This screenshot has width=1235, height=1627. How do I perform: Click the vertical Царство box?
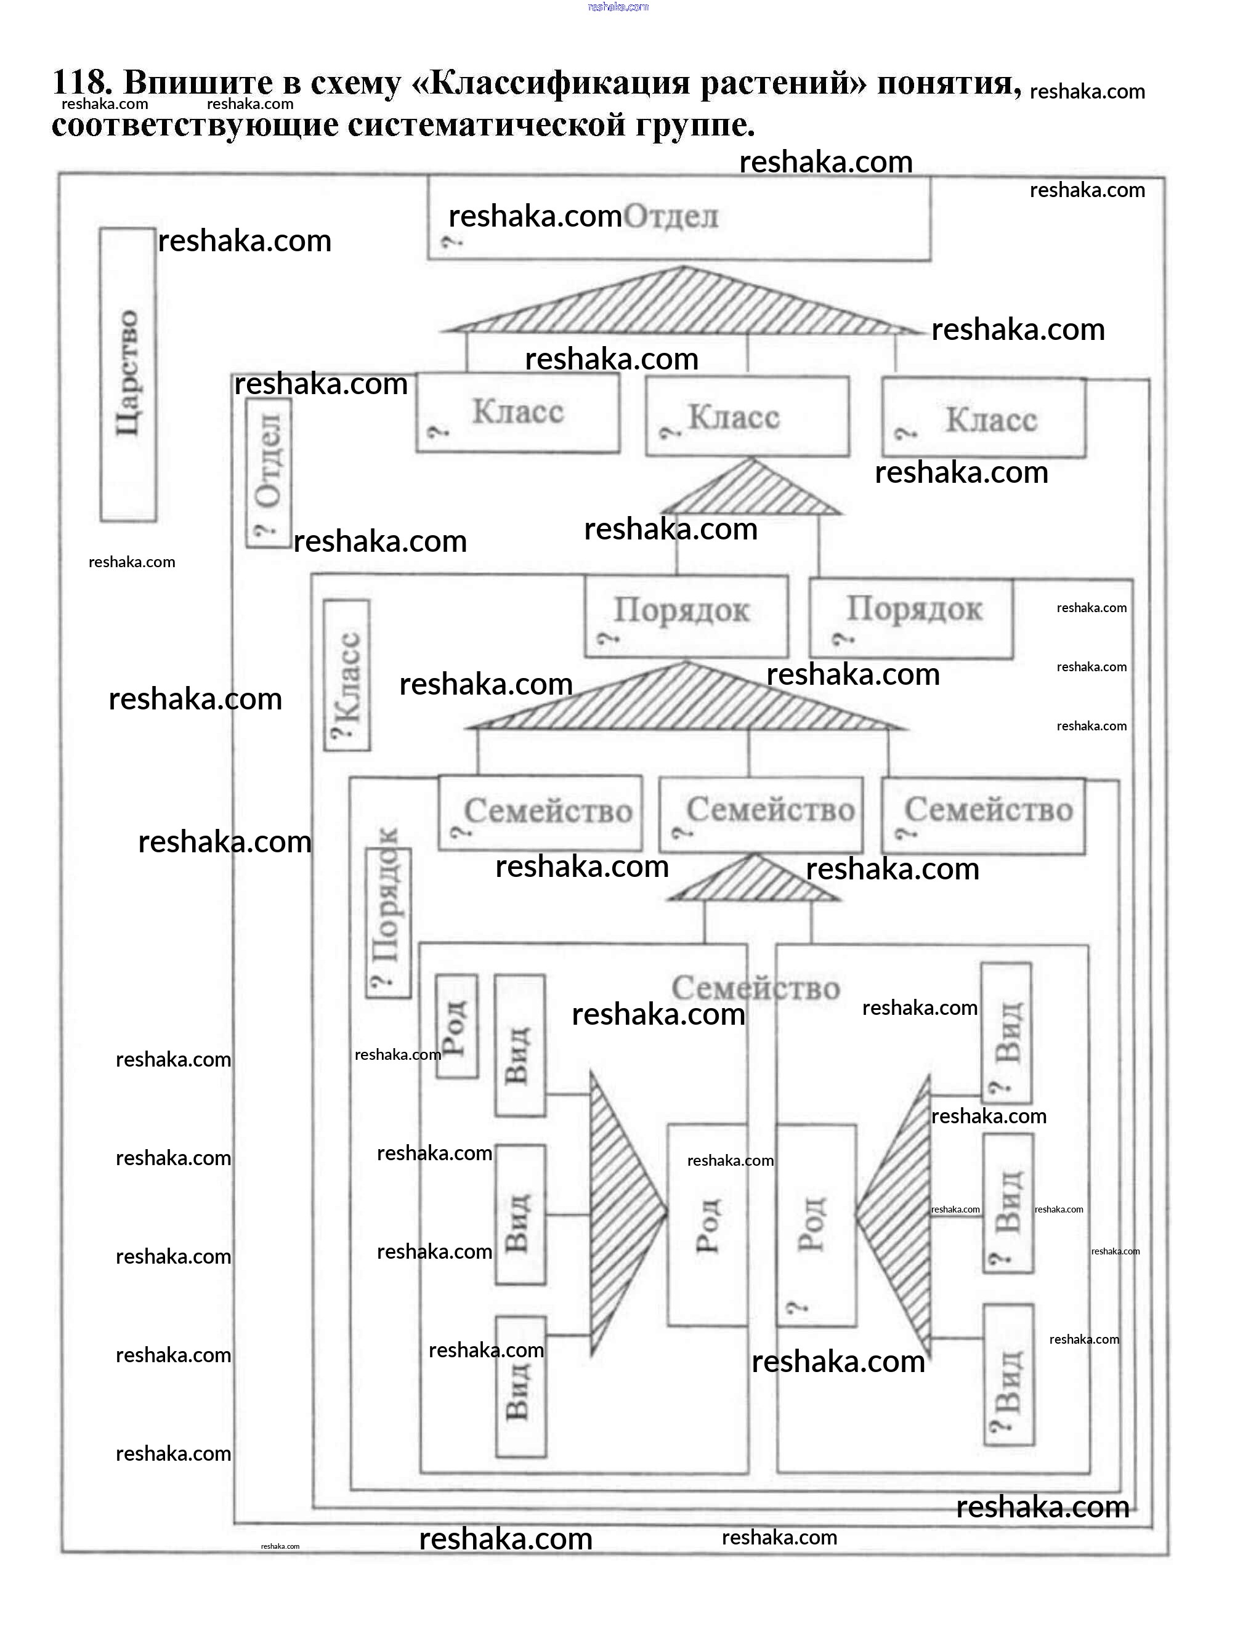[128, 374]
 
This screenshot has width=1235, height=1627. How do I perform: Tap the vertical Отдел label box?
[269, 472]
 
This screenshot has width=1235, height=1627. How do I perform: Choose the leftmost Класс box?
[518, 413]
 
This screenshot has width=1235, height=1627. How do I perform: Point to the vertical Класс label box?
[347, 675]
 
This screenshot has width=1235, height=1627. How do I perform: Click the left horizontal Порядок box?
[686, 616]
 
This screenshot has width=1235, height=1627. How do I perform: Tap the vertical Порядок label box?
[389, 923]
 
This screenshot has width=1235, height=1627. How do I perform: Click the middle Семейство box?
[761, 815]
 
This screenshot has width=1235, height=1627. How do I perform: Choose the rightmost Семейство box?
[984, 817]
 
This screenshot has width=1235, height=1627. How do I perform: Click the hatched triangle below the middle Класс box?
[751, 491]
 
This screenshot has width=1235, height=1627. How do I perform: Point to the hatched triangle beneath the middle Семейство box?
[753, 881]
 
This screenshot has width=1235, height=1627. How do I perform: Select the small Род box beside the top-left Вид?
[456, 1027]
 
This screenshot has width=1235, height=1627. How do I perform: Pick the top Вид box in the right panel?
[1006, 1033]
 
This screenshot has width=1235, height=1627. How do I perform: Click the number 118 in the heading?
[81, 81]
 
